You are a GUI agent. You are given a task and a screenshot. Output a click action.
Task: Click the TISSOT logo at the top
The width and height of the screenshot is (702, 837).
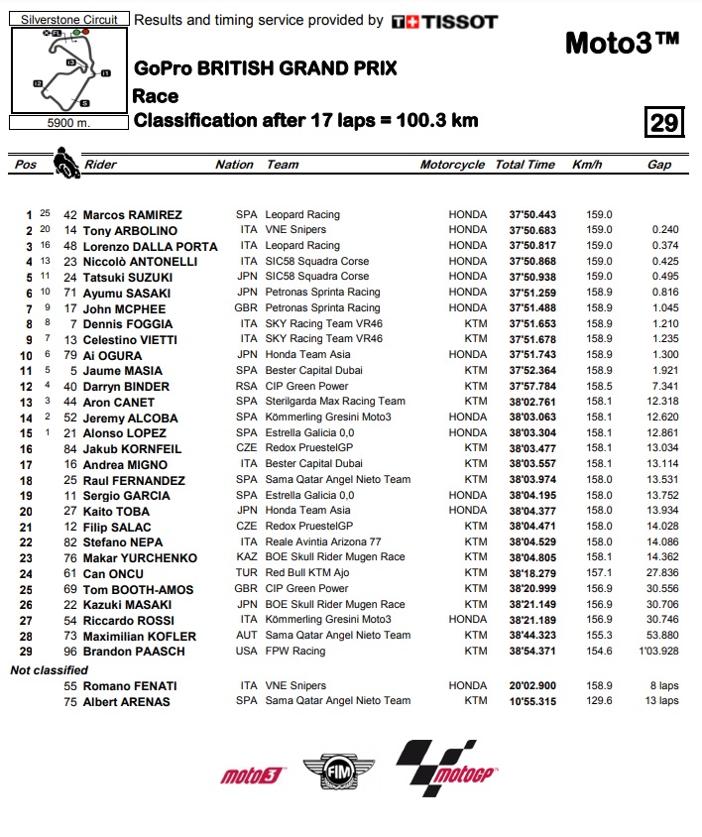coord(444,22)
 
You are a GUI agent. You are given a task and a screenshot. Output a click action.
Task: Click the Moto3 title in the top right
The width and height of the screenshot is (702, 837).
coord(622,43)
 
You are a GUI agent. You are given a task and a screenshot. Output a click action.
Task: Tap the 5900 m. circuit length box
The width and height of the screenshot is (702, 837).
coord(67,123)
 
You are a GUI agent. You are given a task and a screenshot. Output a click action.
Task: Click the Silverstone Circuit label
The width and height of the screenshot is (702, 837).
coord(67,19)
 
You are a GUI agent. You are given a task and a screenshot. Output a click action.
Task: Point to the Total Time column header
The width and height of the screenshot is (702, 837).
coord(525,165)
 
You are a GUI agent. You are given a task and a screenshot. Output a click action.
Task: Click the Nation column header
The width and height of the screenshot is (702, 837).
coord(234,165)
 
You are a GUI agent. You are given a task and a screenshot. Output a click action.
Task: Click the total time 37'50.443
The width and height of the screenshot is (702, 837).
coord(532,215)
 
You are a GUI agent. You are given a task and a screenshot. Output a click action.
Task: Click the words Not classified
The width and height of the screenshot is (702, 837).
coord(49,670)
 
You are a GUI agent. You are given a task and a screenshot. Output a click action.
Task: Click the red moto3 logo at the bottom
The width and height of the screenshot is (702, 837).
coord(252,776)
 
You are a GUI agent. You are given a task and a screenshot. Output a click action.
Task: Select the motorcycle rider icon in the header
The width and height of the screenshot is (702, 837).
coord(66,163)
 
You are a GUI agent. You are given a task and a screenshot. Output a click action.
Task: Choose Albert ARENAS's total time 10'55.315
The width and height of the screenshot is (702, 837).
coord(532,701)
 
